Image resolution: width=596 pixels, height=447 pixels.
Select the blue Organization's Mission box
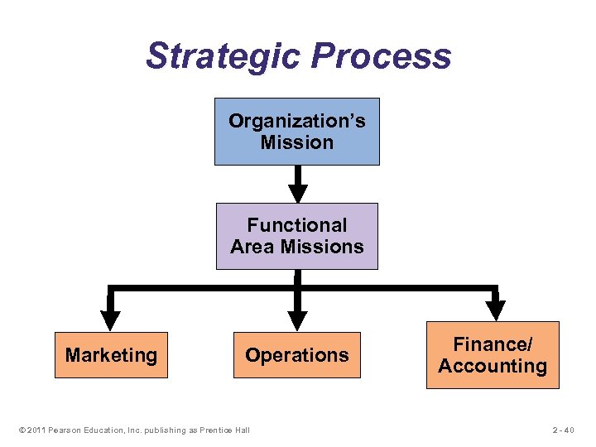pos(296,132)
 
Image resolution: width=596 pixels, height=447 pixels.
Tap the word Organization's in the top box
pos(296,121)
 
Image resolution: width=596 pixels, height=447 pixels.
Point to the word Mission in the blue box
pos(296,142)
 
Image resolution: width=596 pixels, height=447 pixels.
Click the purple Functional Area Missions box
pos(296,236)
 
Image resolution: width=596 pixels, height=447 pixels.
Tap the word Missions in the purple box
pos(322,247)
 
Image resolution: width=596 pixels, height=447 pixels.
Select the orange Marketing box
pos(111,355)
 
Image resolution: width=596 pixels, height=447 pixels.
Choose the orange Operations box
pos(296,355)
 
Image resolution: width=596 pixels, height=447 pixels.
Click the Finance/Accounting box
pos(493,355)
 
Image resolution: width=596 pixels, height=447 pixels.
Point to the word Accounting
pos(493,367)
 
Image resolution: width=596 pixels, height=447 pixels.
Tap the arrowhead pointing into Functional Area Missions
pos(296,195)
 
